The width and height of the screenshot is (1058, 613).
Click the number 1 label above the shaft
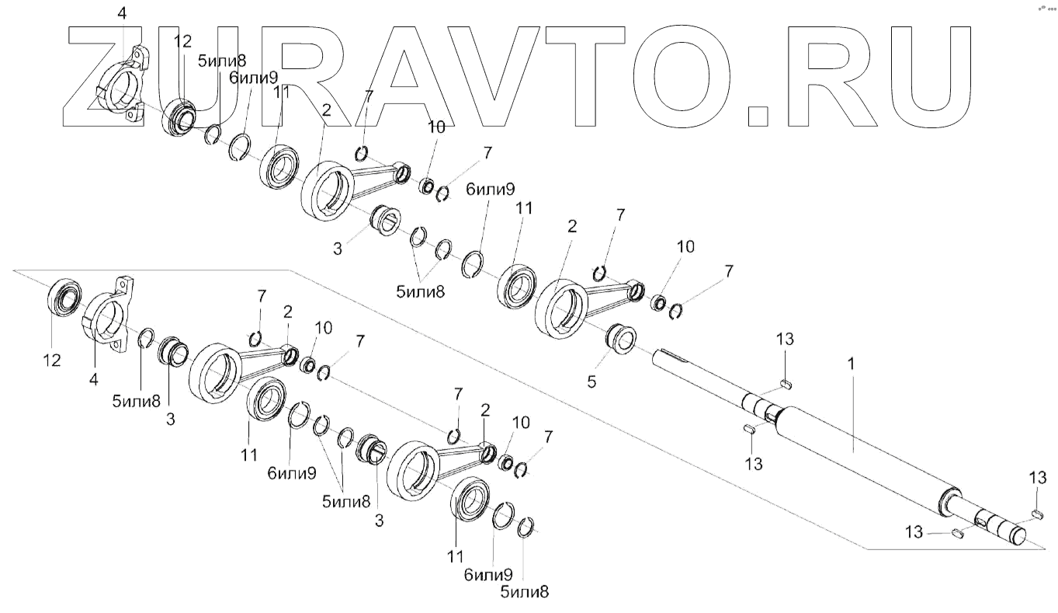pyautogui.click(x=851, y=363)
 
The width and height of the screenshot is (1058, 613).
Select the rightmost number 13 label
pyautogui.click(x=1039, y=479)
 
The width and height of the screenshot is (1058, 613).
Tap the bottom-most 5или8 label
pyautogui.click(x=524, y=592)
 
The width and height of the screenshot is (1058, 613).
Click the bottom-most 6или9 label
pyautogui.click(x=488, y=576)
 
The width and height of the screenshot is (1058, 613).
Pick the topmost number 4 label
pyautogui.click(x=122, y=13)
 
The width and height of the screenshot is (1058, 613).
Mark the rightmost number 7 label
pyautogui.click(x=728, y=272)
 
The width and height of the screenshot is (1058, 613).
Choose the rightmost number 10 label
pyautogui.click(x=684, y=247)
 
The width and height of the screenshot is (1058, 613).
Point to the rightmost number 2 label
pyautogui.click(x=572, y=227)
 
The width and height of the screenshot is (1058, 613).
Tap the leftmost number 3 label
pyautogui.click(x=170, y=420)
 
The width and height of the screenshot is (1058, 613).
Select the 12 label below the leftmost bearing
pyautogui.click(x=53, y=360)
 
